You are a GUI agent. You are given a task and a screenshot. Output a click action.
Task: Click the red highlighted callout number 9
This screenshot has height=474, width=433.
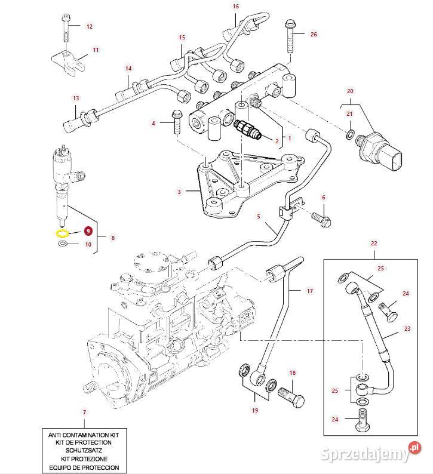tap(88, 230)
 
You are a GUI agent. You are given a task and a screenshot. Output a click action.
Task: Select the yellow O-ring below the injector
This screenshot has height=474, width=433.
tap(63, 233)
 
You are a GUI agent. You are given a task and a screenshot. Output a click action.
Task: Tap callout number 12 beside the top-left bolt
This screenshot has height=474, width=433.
tap(89, 27)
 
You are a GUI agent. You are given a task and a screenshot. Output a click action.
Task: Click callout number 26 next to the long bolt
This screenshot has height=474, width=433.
tap(314, 34)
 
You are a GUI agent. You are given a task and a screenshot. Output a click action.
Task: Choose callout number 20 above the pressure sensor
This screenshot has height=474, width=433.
tap(350, 91)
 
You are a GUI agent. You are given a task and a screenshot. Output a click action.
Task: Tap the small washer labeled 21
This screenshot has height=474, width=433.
tap(350, 132)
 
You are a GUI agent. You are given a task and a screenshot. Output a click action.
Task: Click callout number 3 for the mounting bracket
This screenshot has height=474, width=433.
tap(179, 192)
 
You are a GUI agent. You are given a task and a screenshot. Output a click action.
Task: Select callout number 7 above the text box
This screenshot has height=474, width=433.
tap(84, 413)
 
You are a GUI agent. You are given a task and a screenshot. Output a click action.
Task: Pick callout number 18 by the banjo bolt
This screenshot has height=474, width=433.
tap(293, 373)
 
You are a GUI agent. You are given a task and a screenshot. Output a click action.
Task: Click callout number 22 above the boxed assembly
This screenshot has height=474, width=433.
tap(374, 244)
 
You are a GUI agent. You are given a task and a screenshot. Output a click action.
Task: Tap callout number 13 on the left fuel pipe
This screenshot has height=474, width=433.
tap(76, 99)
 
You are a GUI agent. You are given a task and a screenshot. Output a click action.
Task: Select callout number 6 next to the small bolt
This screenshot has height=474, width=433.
tap(324, 198)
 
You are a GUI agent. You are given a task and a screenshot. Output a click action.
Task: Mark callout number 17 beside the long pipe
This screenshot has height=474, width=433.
tap(309, 291)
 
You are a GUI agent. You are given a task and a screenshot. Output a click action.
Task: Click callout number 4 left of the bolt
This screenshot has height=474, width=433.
tap(153, 123)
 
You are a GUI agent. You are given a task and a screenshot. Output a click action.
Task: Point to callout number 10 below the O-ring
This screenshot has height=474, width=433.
tap(88, 244)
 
